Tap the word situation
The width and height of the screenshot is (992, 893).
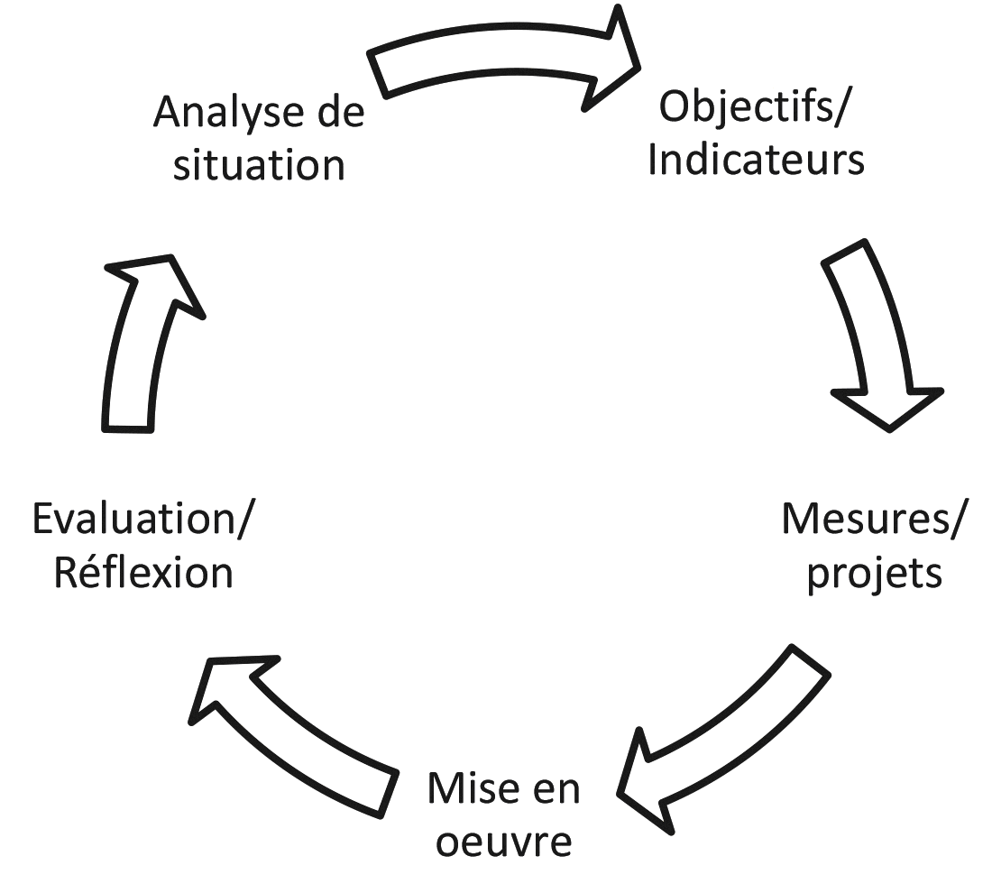point(259,166)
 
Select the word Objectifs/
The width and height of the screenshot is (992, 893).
point(756,107)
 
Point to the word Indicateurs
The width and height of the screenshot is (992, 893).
point(756,160)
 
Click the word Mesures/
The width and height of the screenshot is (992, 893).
point(873,520)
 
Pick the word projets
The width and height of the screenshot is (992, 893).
point(873,574)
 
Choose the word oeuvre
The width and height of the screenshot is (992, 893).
point(503,842)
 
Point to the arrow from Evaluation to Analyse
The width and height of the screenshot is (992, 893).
point(144,343)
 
